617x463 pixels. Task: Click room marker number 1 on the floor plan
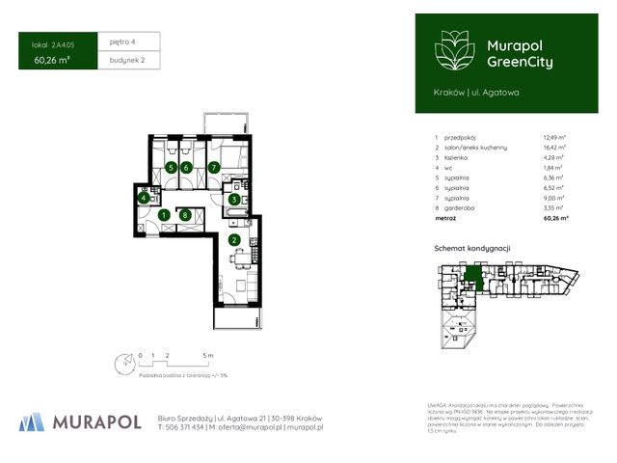click(165, 215)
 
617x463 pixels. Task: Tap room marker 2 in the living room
click(233, 240)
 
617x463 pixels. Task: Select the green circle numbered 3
click(233, 200)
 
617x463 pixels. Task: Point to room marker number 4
click(144, 198)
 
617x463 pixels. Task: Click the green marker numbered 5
click(171, 168)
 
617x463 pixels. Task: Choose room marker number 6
click(187, 168)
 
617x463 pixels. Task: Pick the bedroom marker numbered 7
click(215, 168)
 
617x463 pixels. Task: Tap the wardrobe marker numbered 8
click(186, 215)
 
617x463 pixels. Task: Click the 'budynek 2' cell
click(126, 61)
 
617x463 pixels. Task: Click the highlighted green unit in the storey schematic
click(473, 279)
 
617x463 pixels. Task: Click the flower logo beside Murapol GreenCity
click(451, 48)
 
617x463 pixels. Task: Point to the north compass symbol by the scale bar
click(122, 364)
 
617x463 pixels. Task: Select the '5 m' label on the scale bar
click(206, 356)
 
